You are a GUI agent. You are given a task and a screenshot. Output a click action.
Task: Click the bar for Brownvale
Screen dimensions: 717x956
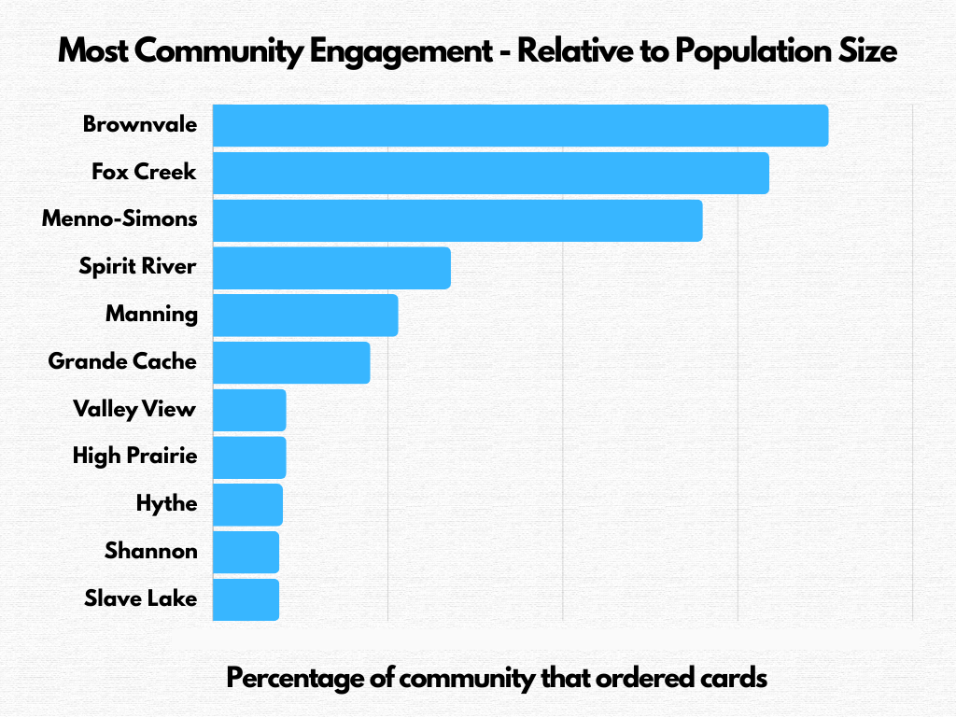pyautogui.click(x=520, y=126)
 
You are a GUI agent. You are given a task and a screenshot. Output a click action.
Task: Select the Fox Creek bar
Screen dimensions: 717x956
pyautogui.click(x=490, y=174)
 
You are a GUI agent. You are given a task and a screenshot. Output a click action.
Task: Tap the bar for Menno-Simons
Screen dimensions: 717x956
pyautogui.click(x=457, y=220)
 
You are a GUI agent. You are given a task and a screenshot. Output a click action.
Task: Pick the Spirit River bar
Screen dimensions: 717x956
pyautogui.click(x=331, y=268)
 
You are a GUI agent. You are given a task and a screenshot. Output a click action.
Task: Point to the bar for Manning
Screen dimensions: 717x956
pyautogui.click(x=305, y=316)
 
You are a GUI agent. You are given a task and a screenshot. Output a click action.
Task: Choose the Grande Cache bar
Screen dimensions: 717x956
pyautogui.click(x=291, y=362)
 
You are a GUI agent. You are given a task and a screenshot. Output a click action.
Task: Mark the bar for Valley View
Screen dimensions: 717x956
pyautogui.click(x=249, y=410)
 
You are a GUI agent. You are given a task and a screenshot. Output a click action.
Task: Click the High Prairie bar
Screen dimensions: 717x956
pyautogui.click(x=249, y=457)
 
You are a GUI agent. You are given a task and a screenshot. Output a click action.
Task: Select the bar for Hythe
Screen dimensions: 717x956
pyautogui.click(x=247, y=505)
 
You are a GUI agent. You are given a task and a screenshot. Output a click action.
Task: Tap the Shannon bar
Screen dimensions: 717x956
pyautogui.click(x=246, y=552)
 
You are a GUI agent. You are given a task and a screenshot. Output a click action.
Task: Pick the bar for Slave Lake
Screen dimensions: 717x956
pyautogui.click(x=246, y=599)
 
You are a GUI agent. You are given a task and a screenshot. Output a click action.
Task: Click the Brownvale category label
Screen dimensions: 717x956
pyautogui.click(x=140, y=124)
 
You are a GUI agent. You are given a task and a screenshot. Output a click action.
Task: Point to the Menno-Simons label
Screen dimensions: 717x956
pyautogui.click(x=120, y=218)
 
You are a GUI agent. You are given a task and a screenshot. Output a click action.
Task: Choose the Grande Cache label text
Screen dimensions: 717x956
pyautogui.click(x=122, y=360)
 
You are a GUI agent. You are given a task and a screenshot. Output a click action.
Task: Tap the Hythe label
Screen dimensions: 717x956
pyautogui.click(x=166, y=504)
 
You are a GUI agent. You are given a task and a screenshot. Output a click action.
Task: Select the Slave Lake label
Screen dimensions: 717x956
pyautogui.click(x=140, y=597)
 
